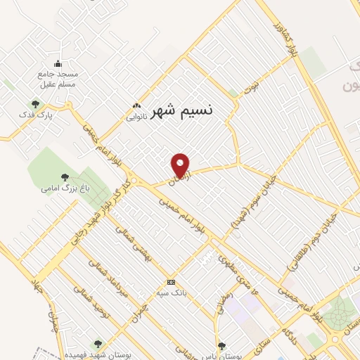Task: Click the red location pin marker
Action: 181,165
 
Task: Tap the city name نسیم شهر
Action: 182,110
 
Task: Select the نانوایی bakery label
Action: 136,117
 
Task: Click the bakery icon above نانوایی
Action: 136,107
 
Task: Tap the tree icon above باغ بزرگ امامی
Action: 65,177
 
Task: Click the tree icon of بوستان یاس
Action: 223,345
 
